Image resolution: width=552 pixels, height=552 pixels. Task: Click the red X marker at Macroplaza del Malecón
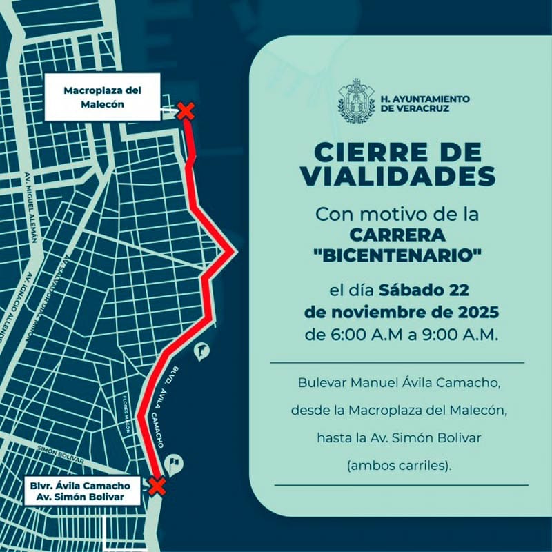pos(185,111)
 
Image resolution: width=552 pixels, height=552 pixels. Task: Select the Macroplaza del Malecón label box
pos(103,97)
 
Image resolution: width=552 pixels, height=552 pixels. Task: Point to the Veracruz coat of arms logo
pos(357,101)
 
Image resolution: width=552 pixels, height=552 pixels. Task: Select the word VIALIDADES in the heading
pos(398,177)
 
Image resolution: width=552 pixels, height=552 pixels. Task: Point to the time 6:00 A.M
pos(365,335)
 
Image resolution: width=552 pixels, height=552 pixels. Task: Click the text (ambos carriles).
pos(399,465)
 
